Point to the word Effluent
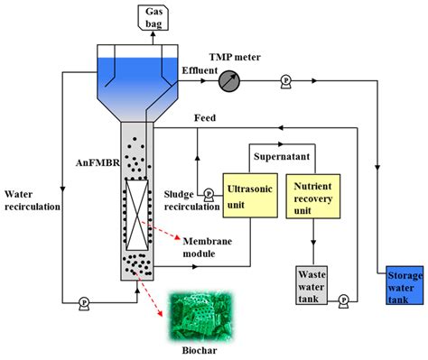pos(198,69)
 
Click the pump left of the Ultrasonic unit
pos(209,192)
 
